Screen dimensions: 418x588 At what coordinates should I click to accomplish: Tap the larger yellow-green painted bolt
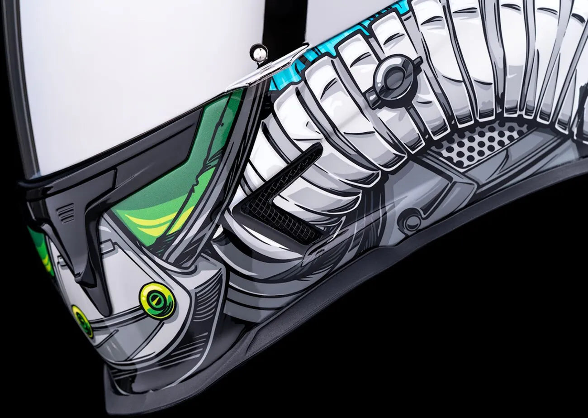coord(157,300)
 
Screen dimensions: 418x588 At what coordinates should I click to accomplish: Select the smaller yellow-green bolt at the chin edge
coord(82,321)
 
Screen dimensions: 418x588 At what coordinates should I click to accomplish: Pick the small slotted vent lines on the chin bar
coord(67,213)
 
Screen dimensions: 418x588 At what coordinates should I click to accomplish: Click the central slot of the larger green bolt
coord(157,300)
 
